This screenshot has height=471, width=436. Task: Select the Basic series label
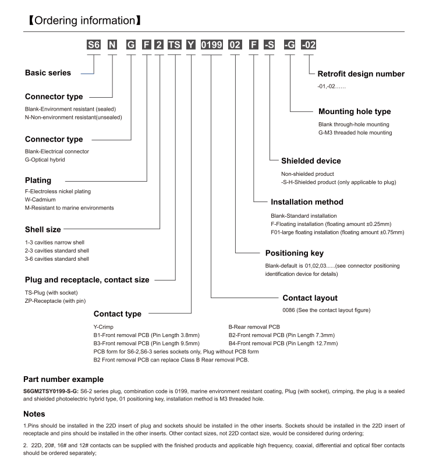48,73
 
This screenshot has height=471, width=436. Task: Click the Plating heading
38,180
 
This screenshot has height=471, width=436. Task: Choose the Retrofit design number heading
361,74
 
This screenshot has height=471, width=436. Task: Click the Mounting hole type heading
355,111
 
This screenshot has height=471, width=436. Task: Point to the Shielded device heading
311,161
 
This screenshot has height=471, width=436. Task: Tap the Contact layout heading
310,298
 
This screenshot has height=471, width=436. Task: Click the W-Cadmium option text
42,200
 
